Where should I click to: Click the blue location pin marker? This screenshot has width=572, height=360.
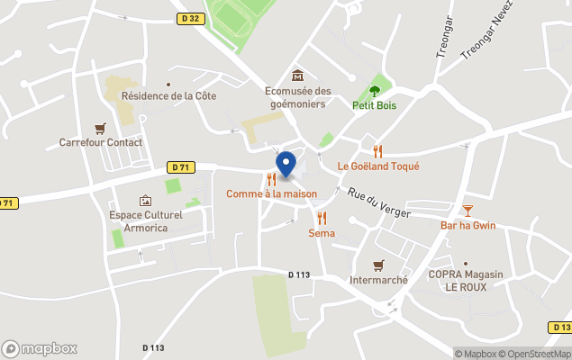click(286, 165)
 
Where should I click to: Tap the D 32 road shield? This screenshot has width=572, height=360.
click(187, 18)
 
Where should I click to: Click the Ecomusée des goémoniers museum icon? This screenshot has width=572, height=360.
click(297, 75)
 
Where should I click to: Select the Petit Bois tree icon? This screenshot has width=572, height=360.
click(375, 91)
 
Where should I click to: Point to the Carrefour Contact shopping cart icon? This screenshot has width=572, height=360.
click(100, 128)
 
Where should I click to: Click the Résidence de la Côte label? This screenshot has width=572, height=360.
click(168, 95)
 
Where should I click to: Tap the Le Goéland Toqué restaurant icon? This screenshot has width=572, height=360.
click(378, 151)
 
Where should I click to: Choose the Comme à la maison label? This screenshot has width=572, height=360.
click(271, 193)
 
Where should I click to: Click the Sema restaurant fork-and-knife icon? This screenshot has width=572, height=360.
click(322, 218)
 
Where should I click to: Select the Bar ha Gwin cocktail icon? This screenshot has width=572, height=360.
click(468, 211)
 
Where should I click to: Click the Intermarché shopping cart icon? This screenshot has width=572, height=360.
click(379, 265)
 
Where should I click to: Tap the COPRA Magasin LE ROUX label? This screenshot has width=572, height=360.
click(465, 281)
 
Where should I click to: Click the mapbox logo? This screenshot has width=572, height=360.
click(40, 348)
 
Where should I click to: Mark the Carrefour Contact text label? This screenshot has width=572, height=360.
click(101, 142)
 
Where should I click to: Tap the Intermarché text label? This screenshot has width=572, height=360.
click(379, 280)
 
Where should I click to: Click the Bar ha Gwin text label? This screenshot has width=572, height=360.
click(468, 225)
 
